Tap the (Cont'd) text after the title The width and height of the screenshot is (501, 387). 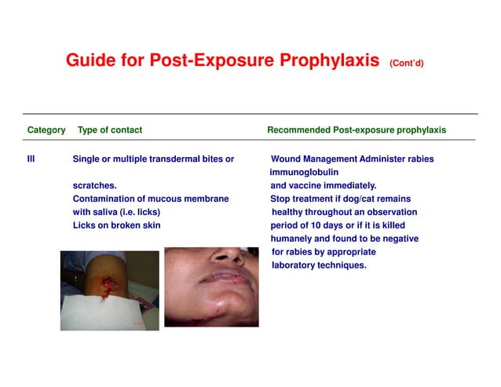click(406, 63)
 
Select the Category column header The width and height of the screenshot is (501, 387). click(46, 130)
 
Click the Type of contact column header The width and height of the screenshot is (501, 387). click(110, 130)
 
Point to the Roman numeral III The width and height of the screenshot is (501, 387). click(31, 159)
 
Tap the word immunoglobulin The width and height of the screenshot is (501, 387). click(304, 173)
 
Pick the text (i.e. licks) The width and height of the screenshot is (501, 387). click(142, 212)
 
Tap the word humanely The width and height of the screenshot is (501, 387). click(294, 239)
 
